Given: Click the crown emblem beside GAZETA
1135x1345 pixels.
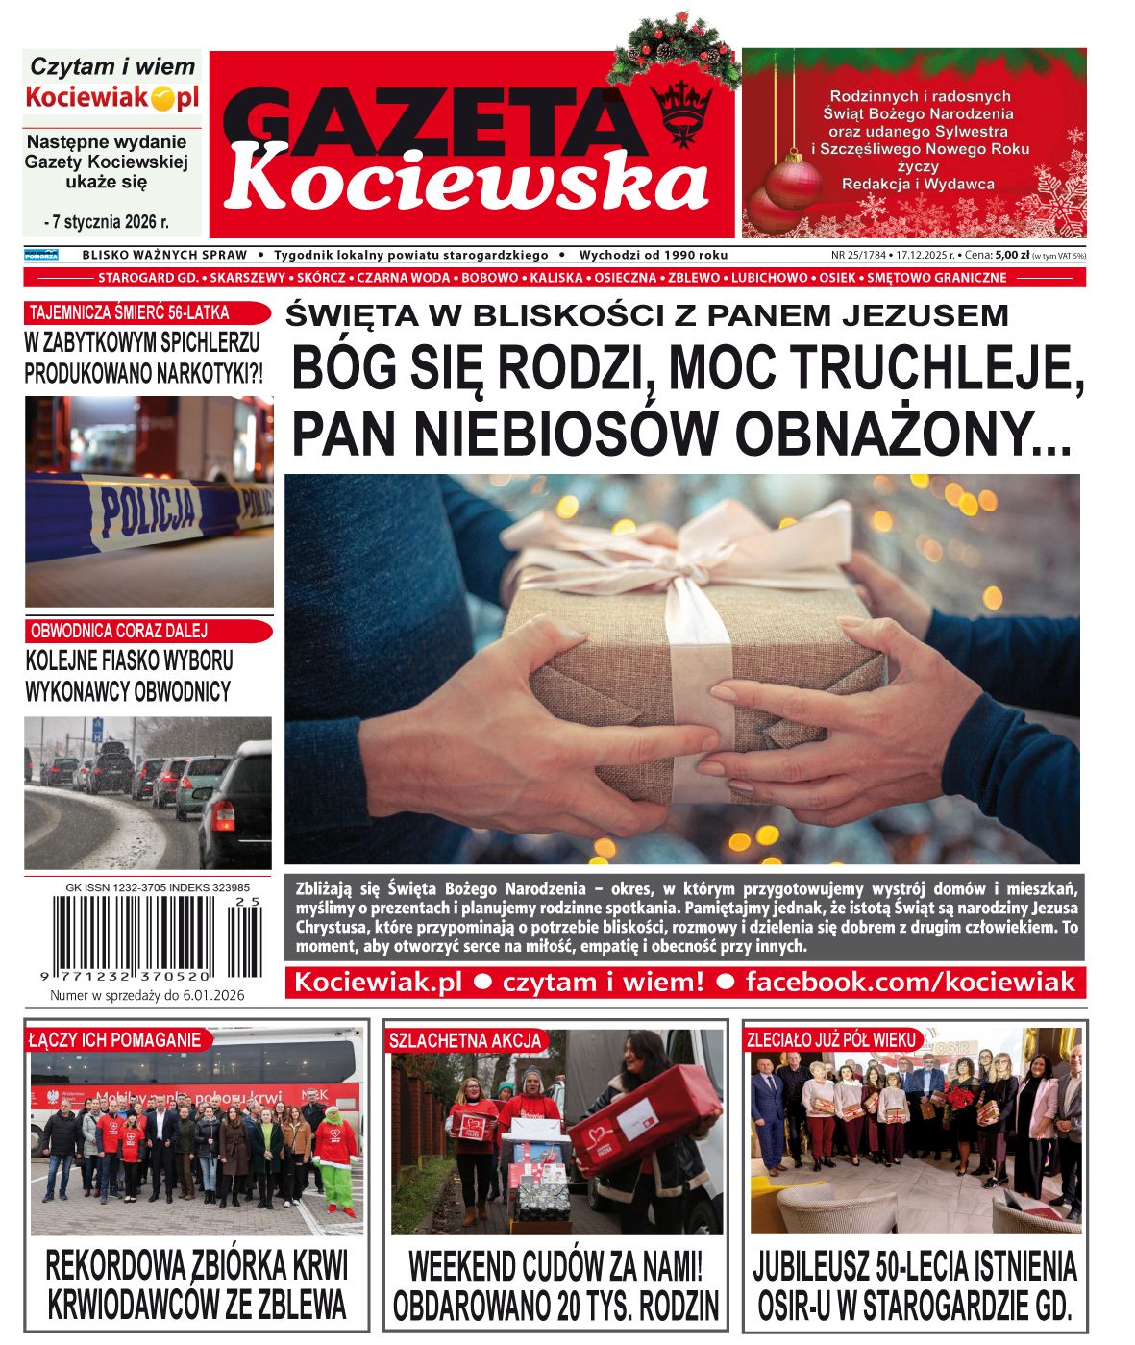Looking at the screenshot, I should (x=681, y=110).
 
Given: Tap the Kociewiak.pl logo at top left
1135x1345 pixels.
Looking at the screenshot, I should (x=111, y=97).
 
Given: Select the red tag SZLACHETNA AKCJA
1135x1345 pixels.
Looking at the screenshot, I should (x=466, y=1040).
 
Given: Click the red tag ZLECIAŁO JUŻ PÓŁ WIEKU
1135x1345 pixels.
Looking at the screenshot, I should (x=832, y=1039).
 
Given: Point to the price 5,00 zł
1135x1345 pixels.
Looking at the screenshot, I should (x=1012, y=255).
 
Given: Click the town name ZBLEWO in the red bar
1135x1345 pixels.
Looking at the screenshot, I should (x=694, y=278).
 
